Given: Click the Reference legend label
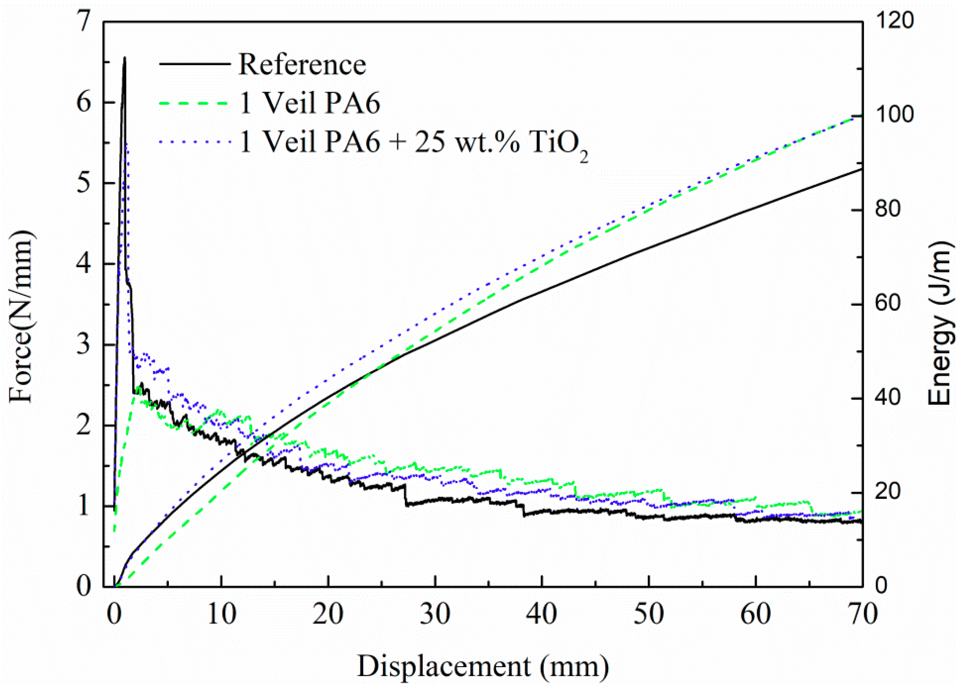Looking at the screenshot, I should coord(302,65).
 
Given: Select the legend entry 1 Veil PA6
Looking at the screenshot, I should coord(310,103).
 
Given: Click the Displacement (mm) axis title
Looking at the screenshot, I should coord(483,666).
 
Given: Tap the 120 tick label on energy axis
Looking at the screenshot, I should coord(894,21).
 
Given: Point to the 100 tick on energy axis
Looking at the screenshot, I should coord(894,115).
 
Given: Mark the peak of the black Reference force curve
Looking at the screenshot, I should coord(124,57).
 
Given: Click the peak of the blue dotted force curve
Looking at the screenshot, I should coord(126,144).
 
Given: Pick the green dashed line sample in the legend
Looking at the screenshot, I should coord(195,103).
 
